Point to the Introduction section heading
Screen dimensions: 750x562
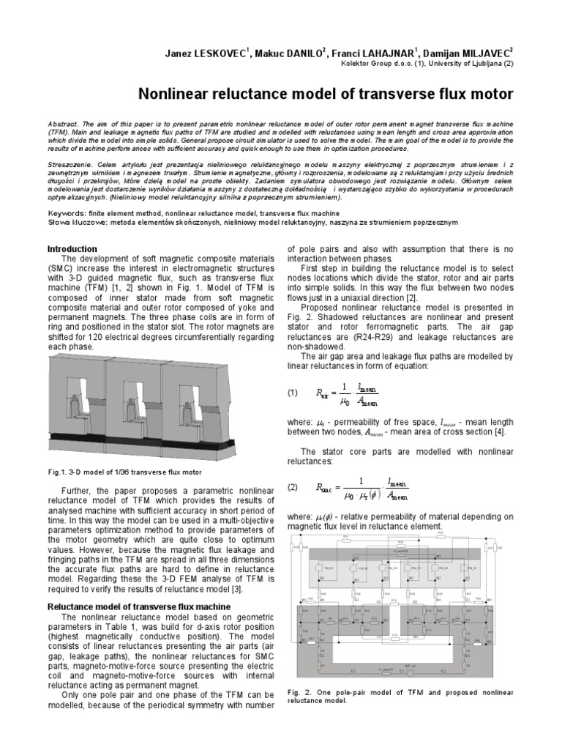[x=72, y=249]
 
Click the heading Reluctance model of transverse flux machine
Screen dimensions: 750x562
[x=139, y=606]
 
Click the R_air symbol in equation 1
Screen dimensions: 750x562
[x=323, y=393]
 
